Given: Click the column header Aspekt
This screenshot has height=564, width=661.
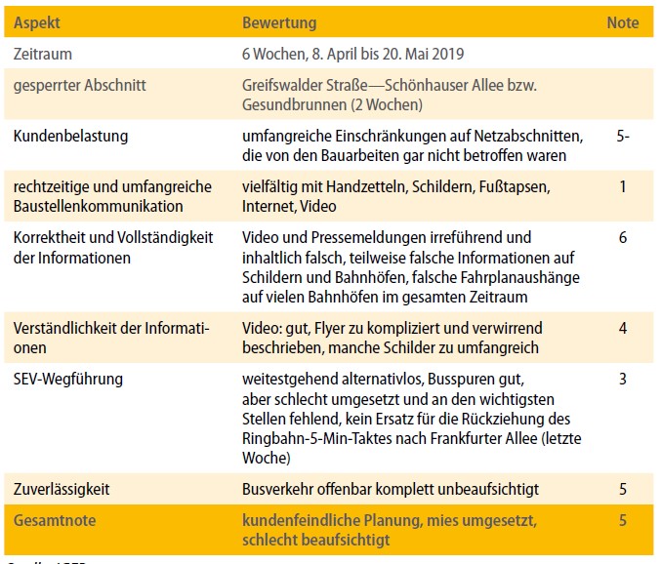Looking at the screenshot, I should pos(37,22).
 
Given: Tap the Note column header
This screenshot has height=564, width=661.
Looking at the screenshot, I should pos(623,22).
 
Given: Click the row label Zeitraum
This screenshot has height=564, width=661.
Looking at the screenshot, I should pos(43,55).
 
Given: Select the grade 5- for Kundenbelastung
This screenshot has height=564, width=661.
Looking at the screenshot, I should pos(623,136).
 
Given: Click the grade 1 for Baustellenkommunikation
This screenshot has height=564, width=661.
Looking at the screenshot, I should pos(623,185).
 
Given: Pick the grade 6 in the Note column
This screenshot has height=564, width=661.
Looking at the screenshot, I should pos(623,237).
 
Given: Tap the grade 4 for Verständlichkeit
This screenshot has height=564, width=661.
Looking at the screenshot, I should pos(623,328).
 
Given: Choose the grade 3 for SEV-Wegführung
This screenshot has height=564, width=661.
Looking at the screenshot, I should pos(623,378).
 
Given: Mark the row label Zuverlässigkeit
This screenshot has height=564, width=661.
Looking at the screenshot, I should pos(62,488).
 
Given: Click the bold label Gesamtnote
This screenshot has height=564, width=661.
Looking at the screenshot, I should pos(55,520).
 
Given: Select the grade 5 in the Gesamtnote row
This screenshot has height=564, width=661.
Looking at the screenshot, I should pos(623,520).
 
